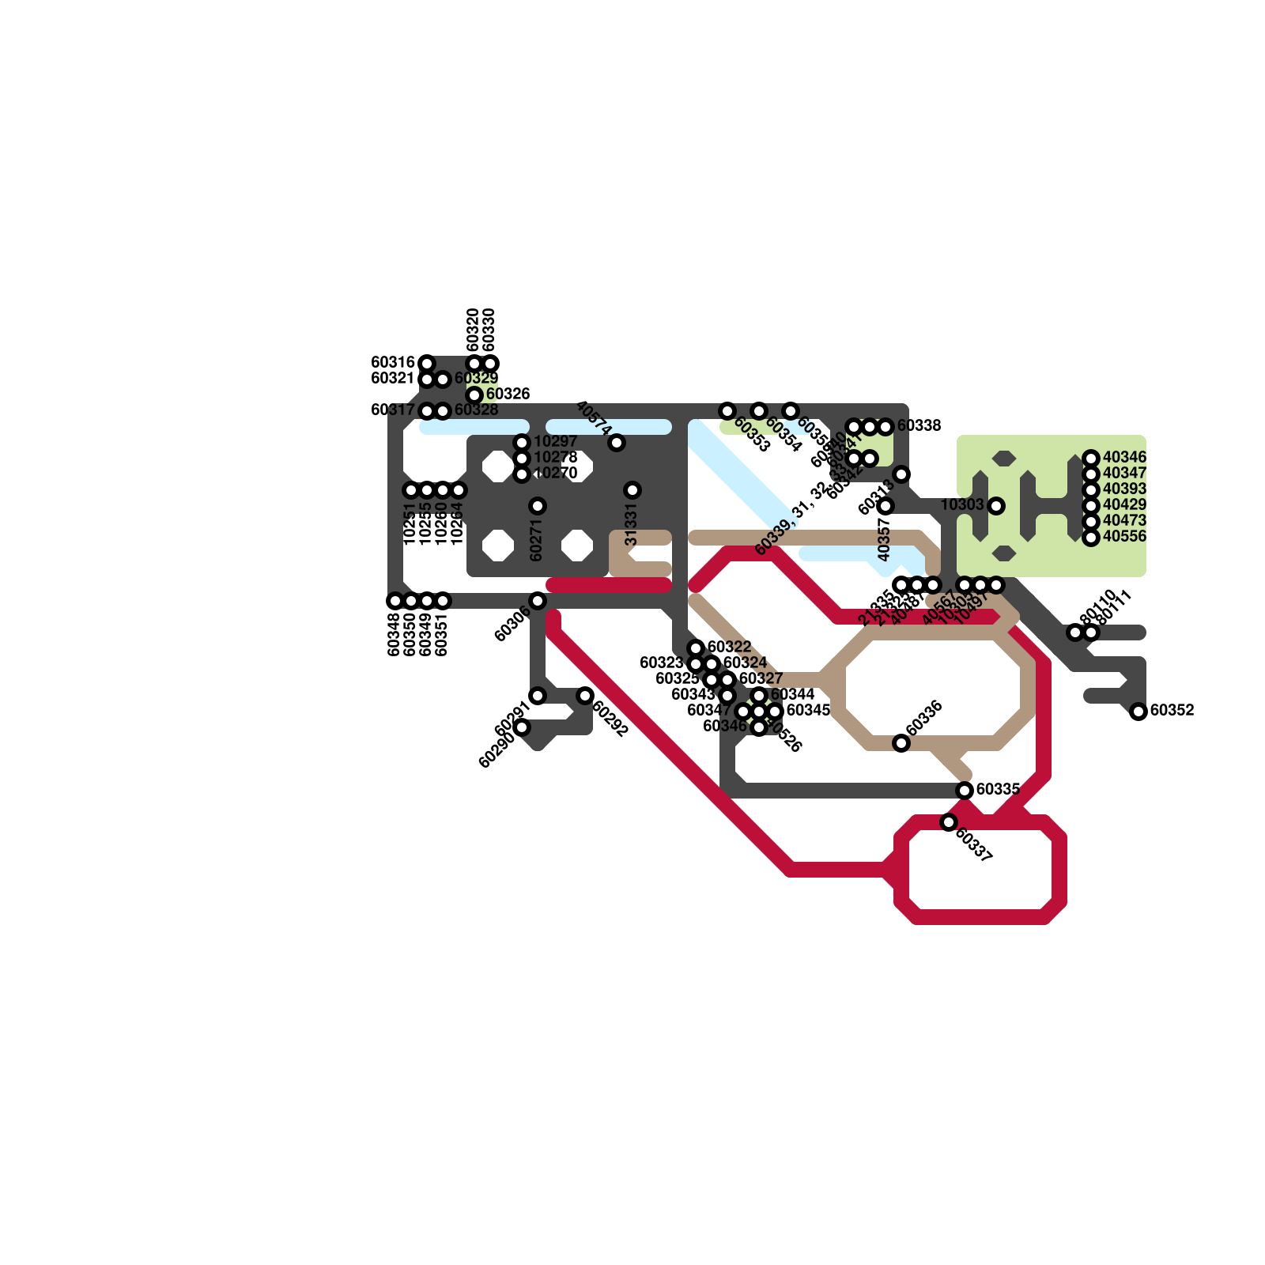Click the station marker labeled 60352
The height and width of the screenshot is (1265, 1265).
1138,712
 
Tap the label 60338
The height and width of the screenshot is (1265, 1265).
919,426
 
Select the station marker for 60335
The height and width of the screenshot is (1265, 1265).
965,791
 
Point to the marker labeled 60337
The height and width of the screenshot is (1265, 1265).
949,822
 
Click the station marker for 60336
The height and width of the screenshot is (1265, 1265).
901,743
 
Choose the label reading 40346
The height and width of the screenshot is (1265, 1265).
1124,458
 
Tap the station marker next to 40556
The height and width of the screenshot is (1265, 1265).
1091,538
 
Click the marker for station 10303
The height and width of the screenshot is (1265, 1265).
996,506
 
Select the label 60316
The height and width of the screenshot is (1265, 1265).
393,363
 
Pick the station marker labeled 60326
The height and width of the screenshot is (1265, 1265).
474,395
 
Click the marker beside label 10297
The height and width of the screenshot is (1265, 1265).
522,443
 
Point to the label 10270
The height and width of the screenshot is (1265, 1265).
555,474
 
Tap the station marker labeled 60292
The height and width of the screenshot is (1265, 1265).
585,696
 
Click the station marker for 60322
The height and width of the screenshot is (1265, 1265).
696,648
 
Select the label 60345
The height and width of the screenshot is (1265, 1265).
808,710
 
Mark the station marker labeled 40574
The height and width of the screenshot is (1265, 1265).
617,443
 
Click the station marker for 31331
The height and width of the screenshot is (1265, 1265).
632,490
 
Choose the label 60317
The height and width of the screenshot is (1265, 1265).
393,410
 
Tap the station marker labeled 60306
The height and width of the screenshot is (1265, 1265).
538,601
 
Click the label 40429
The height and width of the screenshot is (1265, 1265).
1124,505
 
